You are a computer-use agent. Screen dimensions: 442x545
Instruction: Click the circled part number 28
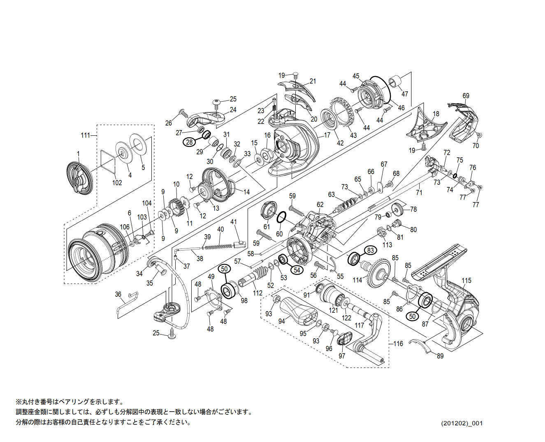tap(189, 142)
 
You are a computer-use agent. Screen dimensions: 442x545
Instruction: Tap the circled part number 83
tap(371, 250)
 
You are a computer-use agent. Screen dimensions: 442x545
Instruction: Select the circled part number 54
tap(297, 270)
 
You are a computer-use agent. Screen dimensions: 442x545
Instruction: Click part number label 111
tap(85, 135)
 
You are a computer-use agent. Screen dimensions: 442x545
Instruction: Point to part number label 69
tap(466, 95)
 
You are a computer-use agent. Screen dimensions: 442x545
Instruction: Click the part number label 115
tap(466, 281)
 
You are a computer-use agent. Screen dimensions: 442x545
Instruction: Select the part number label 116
tap(398, 343)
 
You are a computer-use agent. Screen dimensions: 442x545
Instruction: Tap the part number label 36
tap(118, 294)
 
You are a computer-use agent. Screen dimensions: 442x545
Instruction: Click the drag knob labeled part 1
tap(78, 179)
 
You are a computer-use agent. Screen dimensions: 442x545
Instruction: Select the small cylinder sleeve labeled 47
tap(396, 81)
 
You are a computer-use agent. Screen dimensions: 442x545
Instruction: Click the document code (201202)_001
tap(462, 423)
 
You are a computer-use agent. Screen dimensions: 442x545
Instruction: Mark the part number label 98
tap(244, 301)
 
